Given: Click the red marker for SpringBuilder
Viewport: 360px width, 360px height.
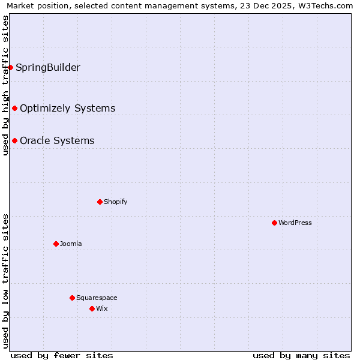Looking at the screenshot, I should [x=11, y=67].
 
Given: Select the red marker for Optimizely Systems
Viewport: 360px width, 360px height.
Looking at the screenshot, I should [x=14, y=108].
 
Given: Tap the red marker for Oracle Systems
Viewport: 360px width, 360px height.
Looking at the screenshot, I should [x=14, y=140].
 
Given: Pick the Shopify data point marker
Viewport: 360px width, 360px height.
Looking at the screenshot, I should [x=100, y=202].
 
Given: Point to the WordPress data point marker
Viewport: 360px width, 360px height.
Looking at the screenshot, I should [x=274, y=223].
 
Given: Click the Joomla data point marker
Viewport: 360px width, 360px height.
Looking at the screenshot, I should [x=56, y=244].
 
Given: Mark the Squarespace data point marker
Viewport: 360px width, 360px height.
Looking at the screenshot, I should [x=72, y=298].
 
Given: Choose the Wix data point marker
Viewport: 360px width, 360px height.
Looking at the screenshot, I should [x=92, y=308].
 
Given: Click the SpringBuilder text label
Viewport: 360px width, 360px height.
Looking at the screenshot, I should [x=48, y=67].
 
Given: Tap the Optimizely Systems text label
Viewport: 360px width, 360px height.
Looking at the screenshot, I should [x=68, y=108].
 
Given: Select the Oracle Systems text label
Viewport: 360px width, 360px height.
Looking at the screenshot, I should [x=57, y=140].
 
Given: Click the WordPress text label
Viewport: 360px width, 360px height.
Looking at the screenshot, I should [x=295, y=223].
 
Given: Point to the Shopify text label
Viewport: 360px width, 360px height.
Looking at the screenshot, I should [x=116, y=202].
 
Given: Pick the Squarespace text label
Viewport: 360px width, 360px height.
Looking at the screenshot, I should [x=97, y=298].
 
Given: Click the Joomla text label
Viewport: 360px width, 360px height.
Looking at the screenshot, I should [x=71, y=244].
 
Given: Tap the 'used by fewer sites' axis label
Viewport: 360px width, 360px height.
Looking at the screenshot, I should [x=62, y=355].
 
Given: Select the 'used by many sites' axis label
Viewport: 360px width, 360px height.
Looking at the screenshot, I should [x=301, y=355].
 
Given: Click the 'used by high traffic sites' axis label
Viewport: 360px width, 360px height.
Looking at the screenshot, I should [x=5, y=85].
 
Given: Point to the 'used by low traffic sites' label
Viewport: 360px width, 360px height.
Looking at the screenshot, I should [x=5, y=281].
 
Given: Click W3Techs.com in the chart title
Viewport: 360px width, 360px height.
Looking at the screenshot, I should [x=324, y=6].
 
